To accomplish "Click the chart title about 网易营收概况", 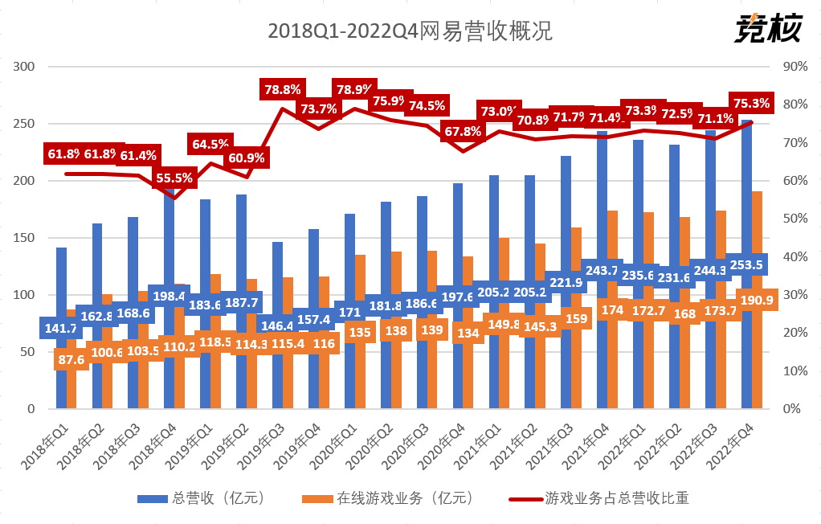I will [x=410, y=31].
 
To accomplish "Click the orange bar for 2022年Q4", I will [x=757, y=241].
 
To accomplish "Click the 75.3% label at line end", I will [x=751, y=103].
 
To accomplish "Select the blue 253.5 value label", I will [x=746, y=264].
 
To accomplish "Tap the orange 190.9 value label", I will [x=756, y=300].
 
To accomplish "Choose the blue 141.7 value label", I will [x=59, y=328].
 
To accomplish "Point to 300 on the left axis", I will [x=26, y=67].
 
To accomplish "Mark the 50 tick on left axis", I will [x=29, y=352].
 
